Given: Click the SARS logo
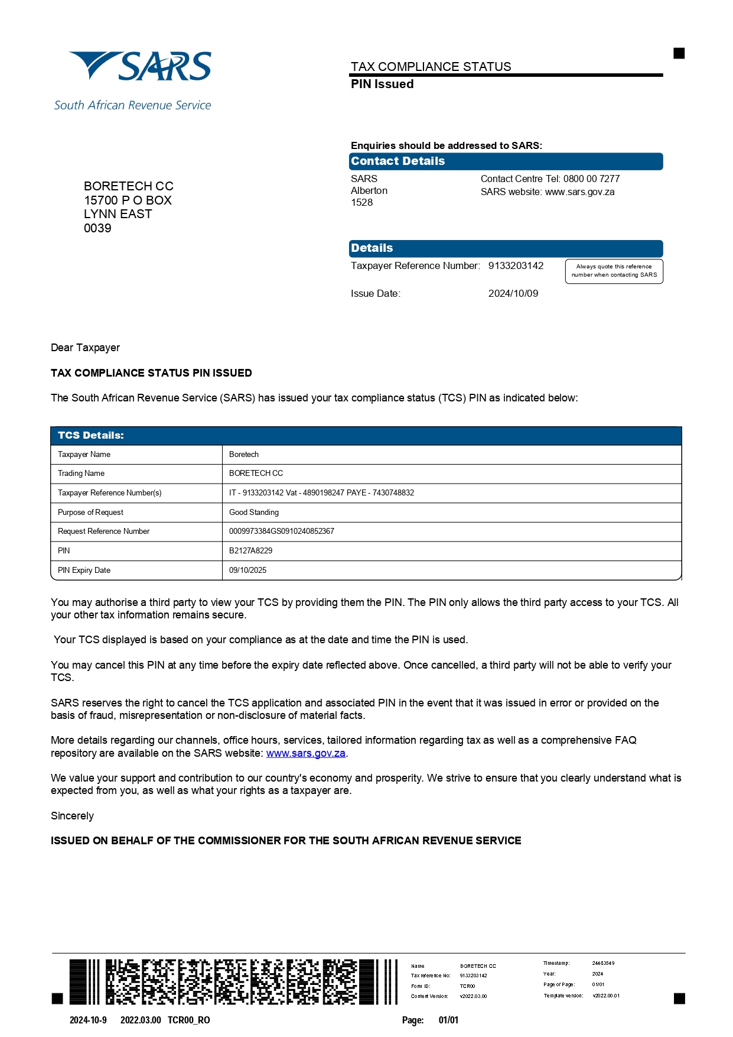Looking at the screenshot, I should pyautogui.click(x=140, y=67).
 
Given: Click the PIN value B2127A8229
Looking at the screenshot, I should pyautogui.click(x=250, y=550).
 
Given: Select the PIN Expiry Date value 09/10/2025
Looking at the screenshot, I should pyautogui.click(x=247, y=570).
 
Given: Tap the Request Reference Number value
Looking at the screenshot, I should pyautogui.click(x=281, y=531).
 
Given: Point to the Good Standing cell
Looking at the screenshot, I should pyautogui.click(x=253, y=512).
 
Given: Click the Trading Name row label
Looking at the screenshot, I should pyautogui.click(x=81, y=473).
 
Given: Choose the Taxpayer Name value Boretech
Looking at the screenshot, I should pyautogui.click(x=243, y=454).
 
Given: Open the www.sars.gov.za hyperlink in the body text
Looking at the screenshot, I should pyautogui.click(x=305, y=753).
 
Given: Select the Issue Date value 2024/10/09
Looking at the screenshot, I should pyautogui.click(x=513, y=293).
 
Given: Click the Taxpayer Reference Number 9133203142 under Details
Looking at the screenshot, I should pyautogui.click(x=515, y=265).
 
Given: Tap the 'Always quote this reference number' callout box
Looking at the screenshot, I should pyautogui.click(x=614, y=271).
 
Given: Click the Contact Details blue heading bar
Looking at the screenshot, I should pyautogui.click(x=505, y=161).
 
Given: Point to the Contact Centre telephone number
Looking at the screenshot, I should pyautogui.click(x=591, y=179).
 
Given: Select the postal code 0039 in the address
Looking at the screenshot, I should pyautogui.click(x=97, y=228).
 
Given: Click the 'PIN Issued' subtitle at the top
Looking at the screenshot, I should pyautogui.click(x=382, y=84).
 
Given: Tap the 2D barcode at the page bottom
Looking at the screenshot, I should pyautogui.click(x=233, y=981).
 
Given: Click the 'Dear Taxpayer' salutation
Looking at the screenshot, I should pyautogui.click(x=85, y=348).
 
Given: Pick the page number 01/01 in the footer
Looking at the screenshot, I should pyautogui.click(x=448, y=1020).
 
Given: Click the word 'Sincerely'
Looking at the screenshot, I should pyautogui.click(x=72, y=816).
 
